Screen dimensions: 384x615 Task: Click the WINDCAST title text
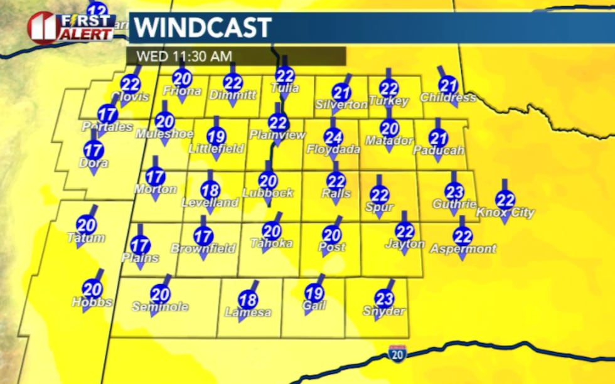[x=203, y=28]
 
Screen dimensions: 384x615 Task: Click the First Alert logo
[x=70, y=26]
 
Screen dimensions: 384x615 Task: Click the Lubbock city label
[x=268, y=193]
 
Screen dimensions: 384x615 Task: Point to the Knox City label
[x=505, y=213]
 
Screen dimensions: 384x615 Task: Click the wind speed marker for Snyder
[x=384, y=299]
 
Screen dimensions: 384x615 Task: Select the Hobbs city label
[x=92, y=302]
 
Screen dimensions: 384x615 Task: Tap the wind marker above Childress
[x=448, y=85]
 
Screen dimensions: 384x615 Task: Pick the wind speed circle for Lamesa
[x=248, y=300]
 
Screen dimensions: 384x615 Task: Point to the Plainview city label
[x=277, y=135]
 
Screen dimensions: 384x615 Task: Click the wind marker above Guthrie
[x=454, y=191]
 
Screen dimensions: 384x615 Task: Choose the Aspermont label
[x=463, y=249]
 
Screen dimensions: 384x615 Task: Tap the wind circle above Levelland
[x=210, y=190]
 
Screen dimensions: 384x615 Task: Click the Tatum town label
[x=87, y=238]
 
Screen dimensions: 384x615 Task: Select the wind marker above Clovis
[x=131, y=84]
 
